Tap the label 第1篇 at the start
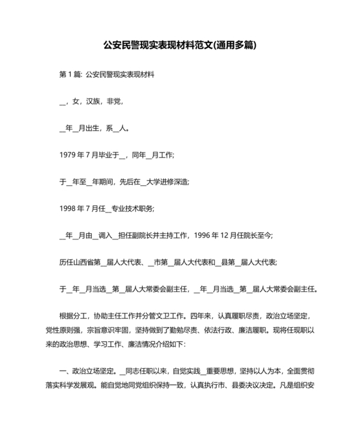tap(69, 75)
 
